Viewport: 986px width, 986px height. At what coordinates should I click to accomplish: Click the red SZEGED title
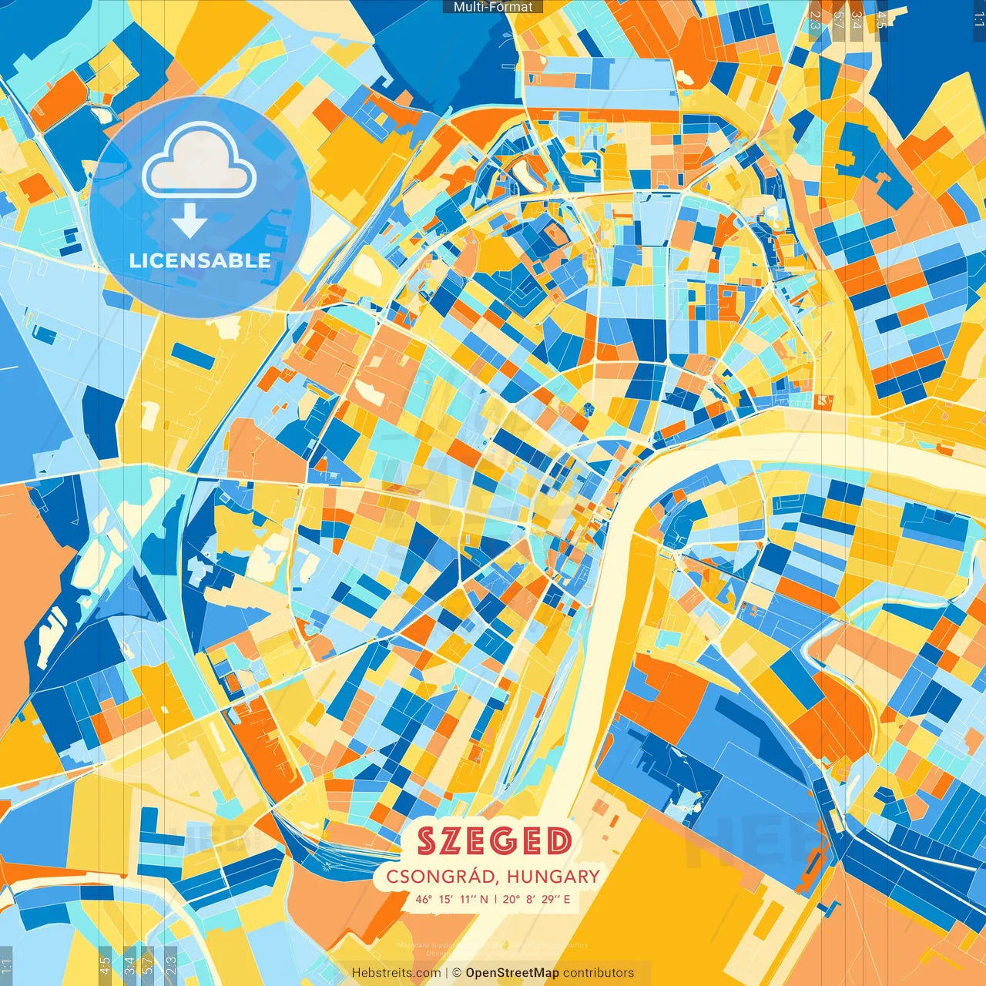point(495,841)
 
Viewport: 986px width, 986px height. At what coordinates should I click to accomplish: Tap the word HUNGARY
point(553,877)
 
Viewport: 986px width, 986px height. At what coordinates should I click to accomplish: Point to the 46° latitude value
point(424,899)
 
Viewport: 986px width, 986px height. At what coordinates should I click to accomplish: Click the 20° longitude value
point(511,899)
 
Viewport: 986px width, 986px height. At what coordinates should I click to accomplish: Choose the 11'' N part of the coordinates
point(474,899)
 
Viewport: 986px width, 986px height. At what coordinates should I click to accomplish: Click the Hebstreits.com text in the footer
point(396,973)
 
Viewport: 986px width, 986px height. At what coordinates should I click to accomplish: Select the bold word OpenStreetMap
point(512,973)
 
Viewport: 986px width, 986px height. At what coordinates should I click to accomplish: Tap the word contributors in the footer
point(599,973)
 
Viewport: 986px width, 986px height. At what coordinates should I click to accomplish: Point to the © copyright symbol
point(457,973)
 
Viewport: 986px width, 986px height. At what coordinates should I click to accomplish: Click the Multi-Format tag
point(493,7)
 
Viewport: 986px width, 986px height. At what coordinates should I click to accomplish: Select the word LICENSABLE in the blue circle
point(200,260)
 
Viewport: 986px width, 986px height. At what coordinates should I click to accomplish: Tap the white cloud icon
point(199,162)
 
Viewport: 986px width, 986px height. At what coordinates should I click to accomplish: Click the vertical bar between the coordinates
point(495,899)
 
